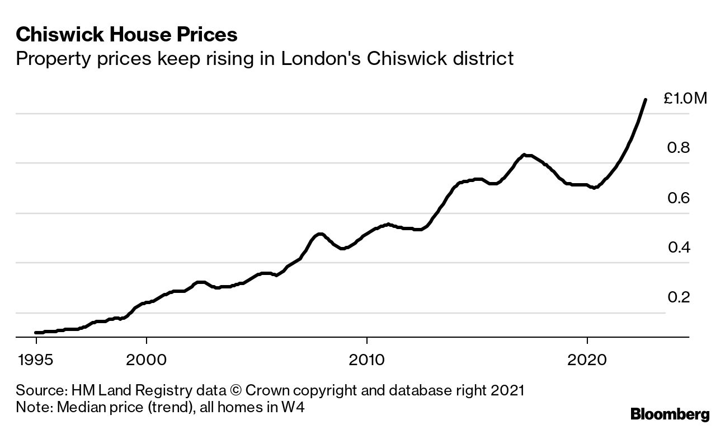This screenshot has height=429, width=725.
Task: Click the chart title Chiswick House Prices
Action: (x=127, y=35)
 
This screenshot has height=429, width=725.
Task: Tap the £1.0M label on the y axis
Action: (x=685, y=99)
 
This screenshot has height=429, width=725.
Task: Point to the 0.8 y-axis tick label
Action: (x=679, y=148)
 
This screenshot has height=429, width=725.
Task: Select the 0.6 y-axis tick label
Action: (x=679, y=198)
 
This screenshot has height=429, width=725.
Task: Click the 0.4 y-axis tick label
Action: (x=679, y=248)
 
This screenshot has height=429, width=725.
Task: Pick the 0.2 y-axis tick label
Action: (x=679, y=297)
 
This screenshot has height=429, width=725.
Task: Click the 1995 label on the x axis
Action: (x=36, y=358)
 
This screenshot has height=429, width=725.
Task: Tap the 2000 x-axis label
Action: (x=146, y=358)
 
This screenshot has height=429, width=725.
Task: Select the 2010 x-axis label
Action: (x=366, y=358)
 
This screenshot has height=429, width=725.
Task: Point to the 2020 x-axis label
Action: (x=587, y=358)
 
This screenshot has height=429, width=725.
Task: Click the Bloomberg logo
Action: (x=670, y=414)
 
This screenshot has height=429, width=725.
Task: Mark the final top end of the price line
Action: (x=646, y=100)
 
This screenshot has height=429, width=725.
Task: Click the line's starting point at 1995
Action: (x=36, y=333)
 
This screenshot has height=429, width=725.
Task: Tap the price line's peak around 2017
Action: (x=524, y=155)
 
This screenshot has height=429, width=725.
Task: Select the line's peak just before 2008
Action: (x=319, y=234)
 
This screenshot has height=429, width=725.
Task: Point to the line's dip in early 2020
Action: (x=595, y=188)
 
